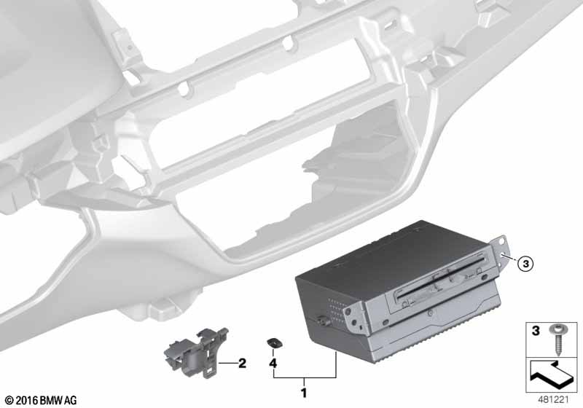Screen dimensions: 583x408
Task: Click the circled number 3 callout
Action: (x=525, y=264)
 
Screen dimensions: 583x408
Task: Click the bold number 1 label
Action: (x=304, y=393)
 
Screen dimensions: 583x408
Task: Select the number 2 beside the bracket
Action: (x=242, y=363)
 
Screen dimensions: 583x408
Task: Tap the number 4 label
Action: (x=273, y=363)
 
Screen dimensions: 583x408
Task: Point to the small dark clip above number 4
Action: (x=274, y=343)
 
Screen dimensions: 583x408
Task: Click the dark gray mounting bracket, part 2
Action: (x=196, y=352)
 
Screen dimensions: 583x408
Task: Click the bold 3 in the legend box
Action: (x=536, y=330)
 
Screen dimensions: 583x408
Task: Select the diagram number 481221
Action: (x=554, y=400)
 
